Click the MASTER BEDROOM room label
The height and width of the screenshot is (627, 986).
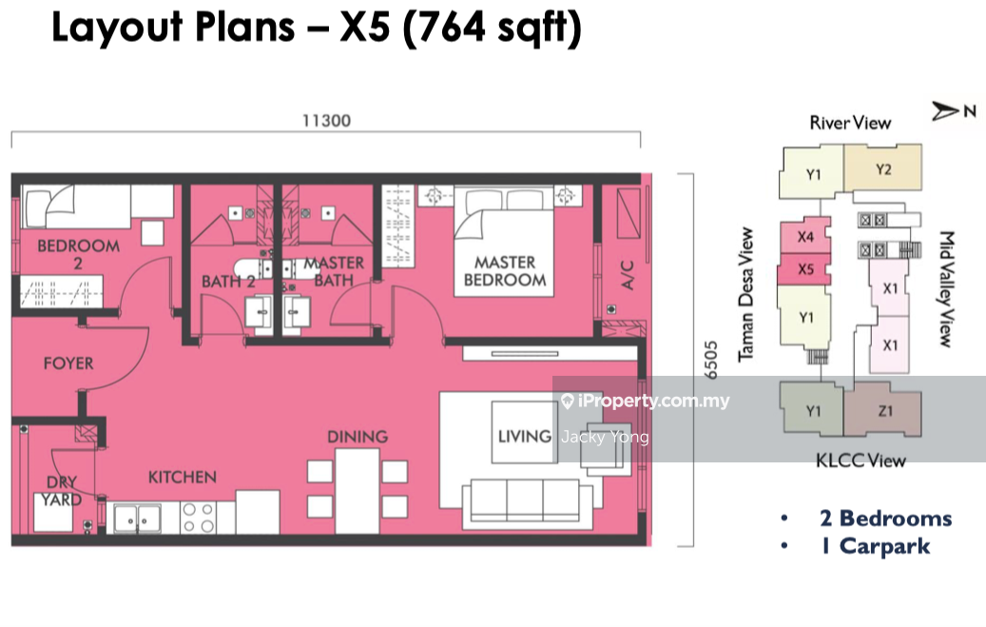(x=505, y=271)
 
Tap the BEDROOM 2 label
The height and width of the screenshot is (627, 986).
(x=79, y=254)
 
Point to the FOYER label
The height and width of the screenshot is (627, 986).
(x=68, y=363)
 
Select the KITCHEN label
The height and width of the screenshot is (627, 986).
(x=183, y=478)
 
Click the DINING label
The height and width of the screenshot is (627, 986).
(x=358, y=437)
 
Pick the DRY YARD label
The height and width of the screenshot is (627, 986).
(x=62, y=491)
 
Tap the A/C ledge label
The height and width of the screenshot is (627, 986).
(x=628, y=274)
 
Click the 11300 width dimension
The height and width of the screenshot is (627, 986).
(x=326, y=120)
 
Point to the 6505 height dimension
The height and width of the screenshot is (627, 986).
(x=710, y=360)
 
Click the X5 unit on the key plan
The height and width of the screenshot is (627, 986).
(x=804, y=269)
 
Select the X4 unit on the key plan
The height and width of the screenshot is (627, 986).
(x=805, y=237)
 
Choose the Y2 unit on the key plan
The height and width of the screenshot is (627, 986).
(x=883, y=168)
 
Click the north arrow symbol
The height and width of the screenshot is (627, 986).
(x=945, y=111)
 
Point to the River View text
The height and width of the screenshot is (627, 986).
(x=850, y=123)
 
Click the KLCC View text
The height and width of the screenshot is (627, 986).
(x=860, y=460)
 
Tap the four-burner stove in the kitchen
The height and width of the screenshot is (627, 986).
(x=198, y=518)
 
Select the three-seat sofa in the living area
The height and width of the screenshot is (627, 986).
(x=528, y=504)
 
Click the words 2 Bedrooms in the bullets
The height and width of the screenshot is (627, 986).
(x=886, y=519)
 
